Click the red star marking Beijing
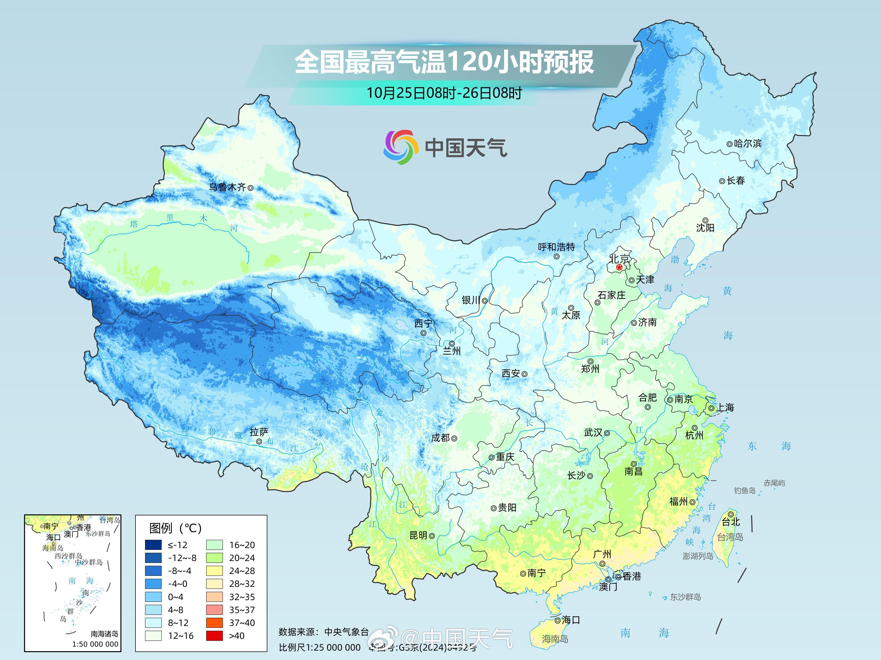tap(619, 267)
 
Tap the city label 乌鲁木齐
tap(227, 187)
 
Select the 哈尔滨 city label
tap(747, 143)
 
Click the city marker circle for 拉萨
tap(259, 442)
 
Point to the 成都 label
tap(440, 438)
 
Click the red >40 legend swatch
tap(214, 636)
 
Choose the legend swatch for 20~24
tap(214, 558)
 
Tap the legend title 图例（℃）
tap(175, 528)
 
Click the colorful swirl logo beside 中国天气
tap(401, 147)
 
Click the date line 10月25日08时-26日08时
tap(444, 93)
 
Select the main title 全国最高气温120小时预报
tap(444, 62)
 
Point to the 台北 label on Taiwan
tap(731, 522)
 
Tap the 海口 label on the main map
tap(571, 620)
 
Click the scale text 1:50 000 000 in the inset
tap(95, 644)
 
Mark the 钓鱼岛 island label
tap(744, 491)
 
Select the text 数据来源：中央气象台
tap(323, 632)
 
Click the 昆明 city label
tap(418, 535)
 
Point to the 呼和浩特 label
tap(556, 247)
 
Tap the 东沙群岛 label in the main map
tap(685, 597)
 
